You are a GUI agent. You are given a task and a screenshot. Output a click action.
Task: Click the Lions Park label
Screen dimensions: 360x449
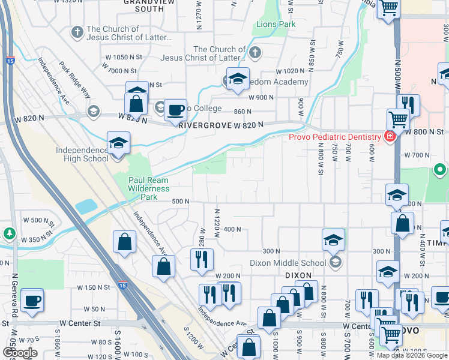click(x=276, y=25)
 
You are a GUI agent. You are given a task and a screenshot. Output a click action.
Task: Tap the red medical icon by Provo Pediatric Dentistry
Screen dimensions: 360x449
click(x=390, y=136)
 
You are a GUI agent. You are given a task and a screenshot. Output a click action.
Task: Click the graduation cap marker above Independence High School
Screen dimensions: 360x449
click(x=118, y=144)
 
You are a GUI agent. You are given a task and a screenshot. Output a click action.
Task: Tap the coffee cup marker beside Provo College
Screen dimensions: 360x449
click(x=175, y=110)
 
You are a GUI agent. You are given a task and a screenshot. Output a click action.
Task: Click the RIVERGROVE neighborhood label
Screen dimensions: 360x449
click(x=206, y=125)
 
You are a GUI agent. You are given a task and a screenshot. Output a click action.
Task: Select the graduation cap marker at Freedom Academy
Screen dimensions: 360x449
click(x=238, y=79)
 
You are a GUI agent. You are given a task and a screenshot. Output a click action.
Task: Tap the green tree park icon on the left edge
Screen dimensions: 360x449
click(x=8, y=233)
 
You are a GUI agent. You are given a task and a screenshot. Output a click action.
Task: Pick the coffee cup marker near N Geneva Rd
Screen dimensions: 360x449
click(x=31, y=300)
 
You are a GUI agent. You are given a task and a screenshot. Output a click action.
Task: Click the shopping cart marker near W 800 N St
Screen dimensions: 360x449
click(x=397, y=119)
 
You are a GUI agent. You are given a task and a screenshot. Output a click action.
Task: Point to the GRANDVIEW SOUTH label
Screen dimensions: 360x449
click(x=144, y=6)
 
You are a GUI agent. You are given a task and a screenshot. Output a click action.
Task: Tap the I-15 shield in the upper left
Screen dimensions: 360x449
click(x=9, y=60)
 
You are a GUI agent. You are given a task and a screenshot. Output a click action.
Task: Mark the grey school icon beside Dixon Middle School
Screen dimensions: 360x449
click(x=335, y=262)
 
